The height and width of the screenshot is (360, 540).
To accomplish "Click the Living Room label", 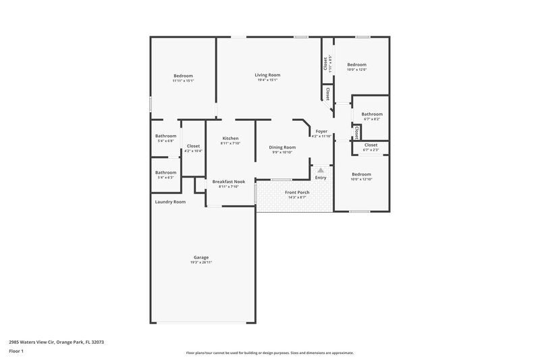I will (x=267, y=75).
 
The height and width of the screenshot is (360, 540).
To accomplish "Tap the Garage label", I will (x=201, y=257).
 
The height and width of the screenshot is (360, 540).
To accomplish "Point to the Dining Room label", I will (x=282, y=147).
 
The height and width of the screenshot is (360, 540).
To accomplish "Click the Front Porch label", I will (x=297, y=192).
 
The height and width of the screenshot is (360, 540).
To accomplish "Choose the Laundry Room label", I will (x=170, y=202).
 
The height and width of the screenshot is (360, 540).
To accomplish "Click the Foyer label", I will (x=321, y=132).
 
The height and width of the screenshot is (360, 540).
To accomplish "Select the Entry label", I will (x=321, y=178).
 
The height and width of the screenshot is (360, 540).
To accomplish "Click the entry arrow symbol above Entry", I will (x=321, y=170).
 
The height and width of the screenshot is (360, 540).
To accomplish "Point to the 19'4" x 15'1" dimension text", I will (x=267, y=80).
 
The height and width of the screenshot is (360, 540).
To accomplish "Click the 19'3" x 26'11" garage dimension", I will (x=201, y=263).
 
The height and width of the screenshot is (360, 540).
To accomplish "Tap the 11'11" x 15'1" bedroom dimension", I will (x=183, y=81).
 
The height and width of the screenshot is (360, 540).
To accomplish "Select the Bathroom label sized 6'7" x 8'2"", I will (x=372, y=114).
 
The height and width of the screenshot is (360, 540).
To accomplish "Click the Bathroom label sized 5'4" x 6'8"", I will (x=165, y=136).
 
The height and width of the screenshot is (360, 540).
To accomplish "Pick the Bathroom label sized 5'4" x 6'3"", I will (x=165, y=172).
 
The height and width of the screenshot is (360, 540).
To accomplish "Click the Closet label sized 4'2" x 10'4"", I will (x=193, y=146).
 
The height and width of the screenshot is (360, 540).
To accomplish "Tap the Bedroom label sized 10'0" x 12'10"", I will (x=360, y=174).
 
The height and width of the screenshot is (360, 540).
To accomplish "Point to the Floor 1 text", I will (x=17, y=352).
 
